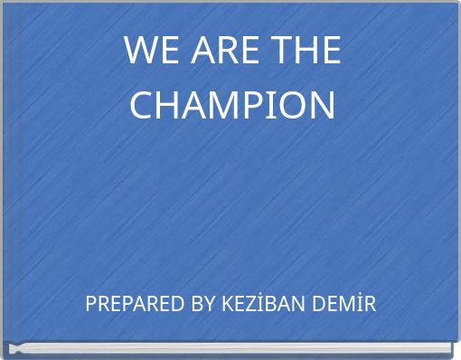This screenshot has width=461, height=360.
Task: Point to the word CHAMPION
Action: tap(232, 104)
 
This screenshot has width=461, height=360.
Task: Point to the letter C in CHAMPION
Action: tap(143, 104)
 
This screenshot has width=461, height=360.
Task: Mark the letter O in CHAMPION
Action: tap(294, 104)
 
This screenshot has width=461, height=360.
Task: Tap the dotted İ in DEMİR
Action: tap(360, 304)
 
